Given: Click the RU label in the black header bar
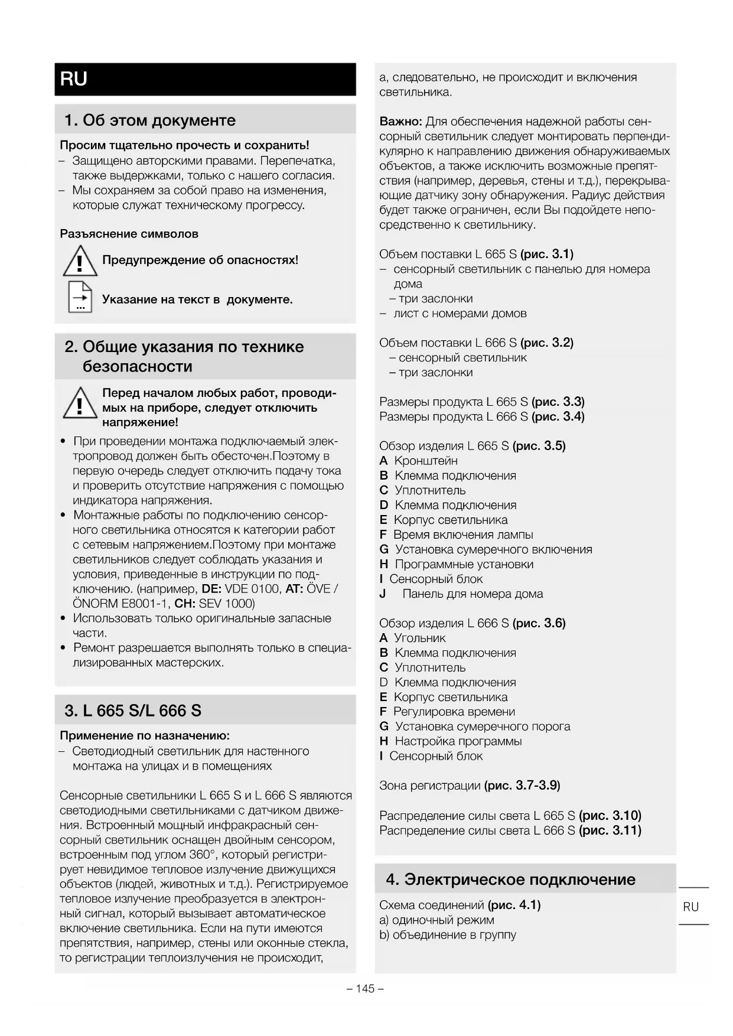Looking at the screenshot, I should pos(74,79).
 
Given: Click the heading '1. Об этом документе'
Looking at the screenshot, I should pos(150,120).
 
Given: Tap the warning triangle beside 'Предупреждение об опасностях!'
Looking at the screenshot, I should pos(80,261).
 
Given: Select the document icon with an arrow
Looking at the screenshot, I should pos(80,298).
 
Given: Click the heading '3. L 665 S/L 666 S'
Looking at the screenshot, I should pos(133,711).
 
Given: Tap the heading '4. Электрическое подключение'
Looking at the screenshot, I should pos(510,879).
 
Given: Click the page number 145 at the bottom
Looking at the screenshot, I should pos(366,989).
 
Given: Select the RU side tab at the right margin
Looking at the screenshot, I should pos(690,907).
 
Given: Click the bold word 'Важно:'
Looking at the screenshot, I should pos(400,122).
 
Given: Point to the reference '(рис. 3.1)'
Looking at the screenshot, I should pos(546,254).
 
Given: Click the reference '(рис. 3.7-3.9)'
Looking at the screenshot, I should pos(522,786).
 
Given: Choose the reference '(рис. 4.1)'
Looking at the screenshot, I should pos(514,905).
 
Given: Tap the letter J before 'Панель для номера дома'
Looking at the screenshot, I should pos(383,594).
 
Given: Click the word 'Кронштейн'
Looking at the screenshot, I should pos(426,461).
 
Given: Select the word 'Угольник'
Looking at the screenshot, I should pos(420,638).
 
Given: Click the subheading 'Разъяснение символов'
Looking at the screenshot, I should pos(129,234).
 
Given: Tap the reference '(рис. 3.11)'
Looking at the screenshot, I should pos(610,830).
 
